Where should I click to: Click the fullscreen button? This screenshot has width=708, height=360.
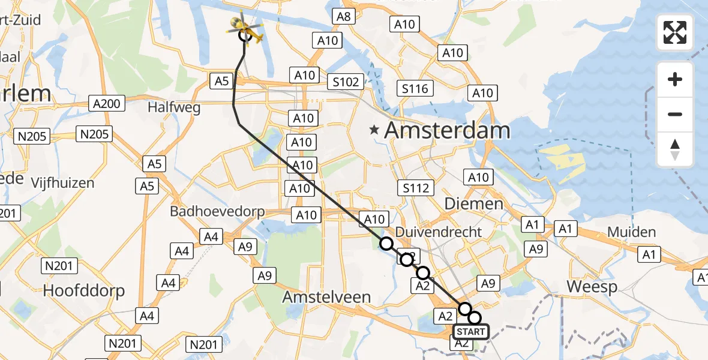675,32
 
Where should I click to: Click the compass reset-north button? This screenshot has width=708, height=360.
675,149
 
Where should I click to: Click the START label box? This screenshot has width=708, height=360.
471,332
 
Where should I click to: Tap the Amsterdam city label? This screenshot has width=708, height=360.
447,130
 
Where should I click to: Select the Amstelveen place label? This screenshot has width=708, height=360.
327,296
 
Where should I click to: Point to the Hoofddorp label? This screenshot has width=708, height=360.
84,291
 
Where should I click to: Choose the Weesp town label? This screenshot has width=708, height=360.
592,287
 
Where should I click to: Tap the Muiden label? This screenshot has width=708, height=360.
631,232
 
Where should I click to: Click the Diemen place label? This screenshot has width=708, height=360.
473,204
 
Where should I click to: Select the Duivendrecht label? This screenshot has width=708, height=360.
439,232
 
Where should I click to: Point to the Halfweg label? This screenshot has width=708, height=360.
173,107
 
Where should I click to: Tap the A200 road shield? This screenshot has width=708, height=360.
107,104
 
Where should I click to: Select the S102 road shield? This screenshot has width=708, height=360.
346,82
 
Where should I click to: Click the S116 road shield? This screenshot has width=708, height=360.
415,89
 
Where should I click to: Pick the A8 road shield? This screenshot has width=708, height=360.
343,16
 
